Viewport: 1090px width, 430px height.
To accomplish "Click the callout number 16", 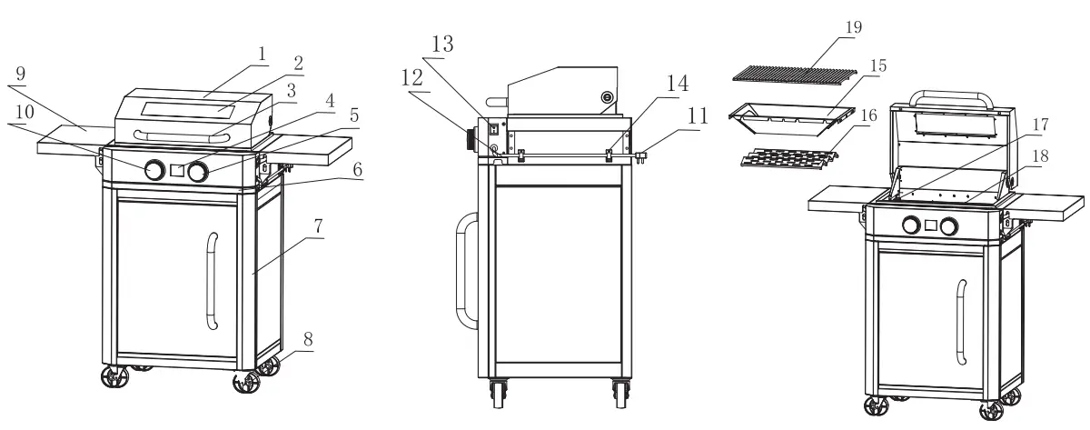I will [x=868, y=116].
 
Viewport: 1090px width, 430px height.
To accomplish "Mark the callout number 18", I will [x=1040, y=155].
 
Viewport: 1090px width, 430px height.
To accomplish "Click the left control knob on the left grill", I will [x=154, y=170].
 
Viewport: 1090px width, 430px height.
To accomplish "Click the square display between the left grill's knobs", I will [x=176, y=170].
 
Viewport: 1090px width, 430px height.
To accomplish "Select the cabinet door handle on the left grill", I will [x=212, y=281].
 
